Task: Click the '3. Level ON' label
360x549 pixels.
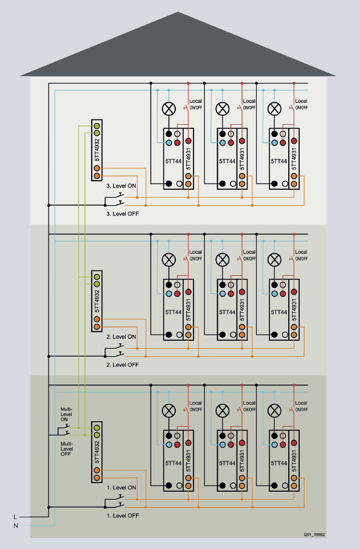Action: pyautogui.click(x=121, y=186)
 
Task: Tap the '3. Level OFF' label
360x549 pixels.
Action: pyautogui.click(x=122, y=214)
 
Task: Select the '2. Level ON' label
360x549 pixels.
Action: pyautogui.click(x=121, y=337)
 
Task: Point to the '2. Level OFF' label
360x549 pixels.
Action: pyautogui.click(x=122, y=365)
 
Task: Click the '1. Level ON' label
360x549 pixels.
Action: pyautogui.click(x=121, y=488)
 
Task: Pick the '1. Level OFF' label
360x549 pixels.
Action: pyautogui.click(x=122, y=516)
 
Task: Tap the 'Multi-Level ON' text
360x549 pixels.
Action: pyautogui.click(x=66, y=414)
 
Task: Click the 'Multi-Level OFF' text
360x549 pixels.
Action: pyautogui.click(x=66, y=449)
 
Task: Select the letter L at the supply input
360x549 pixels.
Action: pyautogui.click(x=15, y=517)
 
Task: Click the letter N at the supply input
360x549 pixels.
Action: pyautogui.click(x=15, y=525)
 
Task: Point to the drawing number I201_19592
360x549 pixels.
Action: pyautogui.click(x=314, y=534)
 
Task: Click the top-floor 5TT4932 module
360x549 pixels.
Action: pyautogui.click(x=97, y=150)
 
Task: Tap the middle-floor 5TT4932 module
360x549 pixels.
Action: pyautogui.click(x=97, y=301)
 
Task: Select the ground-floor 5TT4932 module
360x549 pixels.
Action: pyautogui.click(x=97, y=452)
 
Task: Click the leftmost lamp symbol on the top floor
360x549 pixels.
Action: pyautogui.click(x=169, y=109)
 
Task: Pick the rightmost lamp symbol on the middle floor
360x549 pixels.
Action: pyautogui.click(x=274, y=260)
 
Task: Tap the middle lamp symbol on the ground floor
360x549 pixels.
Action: pyautogui.click(x=223, y=411)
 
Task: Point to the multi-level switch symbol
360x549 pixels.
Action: pyautogui.click(x=64, y=430)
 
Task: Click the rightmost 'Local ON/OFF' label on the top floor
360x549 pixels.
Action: pyautogui.click(x=301, y=104)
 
